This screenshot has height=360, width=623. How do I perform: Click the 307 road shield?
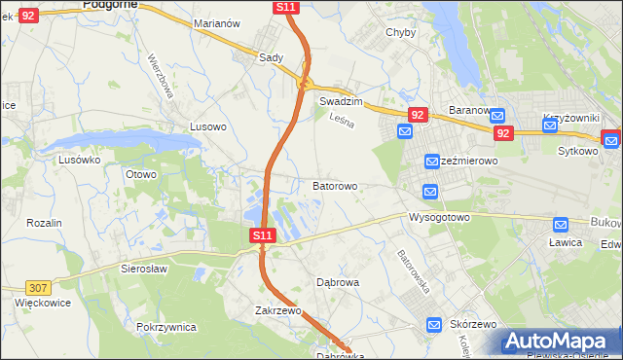(38, 288)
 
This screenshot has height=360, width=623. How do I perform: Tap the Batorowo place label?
(334, 185)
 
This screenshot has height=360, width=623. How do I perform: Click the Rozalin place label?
(44, 223)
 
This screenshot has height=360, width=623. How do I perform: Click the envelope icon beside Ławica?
(560, 224)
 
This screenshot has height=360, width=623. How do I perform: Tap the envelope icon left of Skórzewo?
(435, 325)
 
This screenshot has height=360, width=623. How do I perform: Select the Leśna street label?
(340, 121)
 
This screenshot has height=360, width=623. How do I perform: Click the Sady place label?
(271, 57)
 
